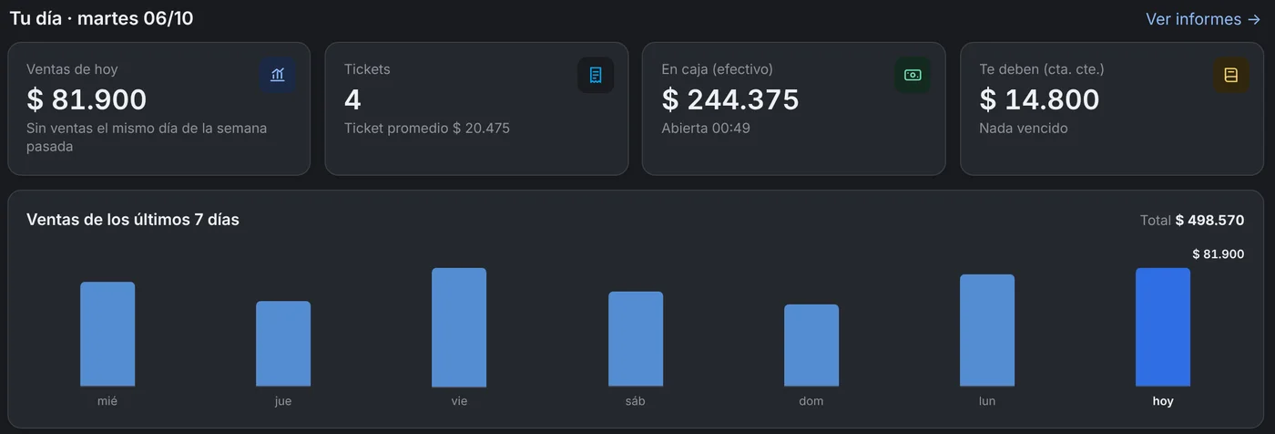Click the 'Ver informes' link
1203,19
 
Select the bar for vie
459,327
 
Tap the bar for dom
811,346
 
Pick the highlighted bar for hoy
1163,327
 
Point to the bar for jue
283,344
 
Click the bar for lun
987,330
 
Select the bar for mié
107,334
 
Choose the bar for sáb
636,339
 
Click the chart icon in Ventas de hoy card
277,75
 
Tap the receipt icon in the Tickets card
596,75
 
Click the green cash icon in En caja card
913,75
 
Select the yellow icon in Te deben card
1230,75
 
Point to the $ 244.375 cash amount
730,99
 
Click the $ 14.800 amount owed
1039,99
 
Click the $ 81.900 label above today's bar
1219,254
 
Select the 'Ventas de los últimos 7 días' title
133,220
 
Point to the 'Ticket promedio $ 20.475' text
427,129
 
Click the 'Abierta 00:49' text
706,129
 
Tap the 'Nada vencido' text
1024,129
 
